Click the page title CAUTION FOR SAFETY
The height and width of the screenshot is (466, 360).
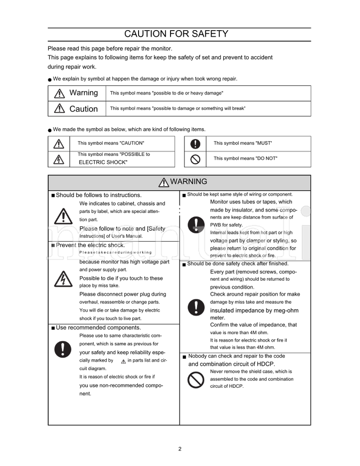coord(176,34)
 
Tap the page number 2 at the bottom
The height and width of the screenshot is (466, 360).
coord(180,448)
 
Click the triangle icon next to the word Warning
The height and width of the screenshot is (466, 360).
coord(59,93)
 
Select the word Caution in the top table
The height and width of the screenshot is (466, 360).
coord(83,109)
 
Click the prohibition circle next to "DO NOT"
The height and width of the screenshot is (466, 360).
coord(195,159)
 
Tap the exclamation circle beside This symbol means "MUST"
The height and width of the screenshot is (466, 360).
coord(195,143)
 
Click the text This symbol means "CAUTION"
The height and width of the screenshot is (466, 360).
coord(111,143)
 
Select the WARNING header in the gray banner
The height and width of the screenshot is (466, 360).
coord(182,182)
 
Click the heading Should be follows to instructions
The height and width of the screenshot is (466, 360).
coord(99,195)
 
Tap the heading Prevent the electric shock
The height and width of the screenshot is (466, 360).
coord(90,245)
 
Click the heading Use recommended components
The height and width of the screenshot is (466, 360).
coord(98,327)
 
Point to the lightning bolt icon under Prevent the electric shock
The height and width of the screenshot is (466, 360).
coord(63,279)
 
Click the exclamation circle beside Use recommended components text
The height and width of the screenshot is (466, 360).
coord(63,349)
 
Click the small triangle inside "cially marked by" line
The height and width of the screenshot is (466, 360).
coord(123,361)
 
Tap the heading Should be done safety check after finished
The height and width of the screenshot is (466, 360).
coord(238,264)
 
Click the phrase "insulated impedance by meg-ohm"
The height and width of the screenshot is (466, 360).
coord(254,310)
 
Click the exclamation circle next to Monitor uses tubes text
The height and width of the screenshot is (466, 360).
coord(196,224)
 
